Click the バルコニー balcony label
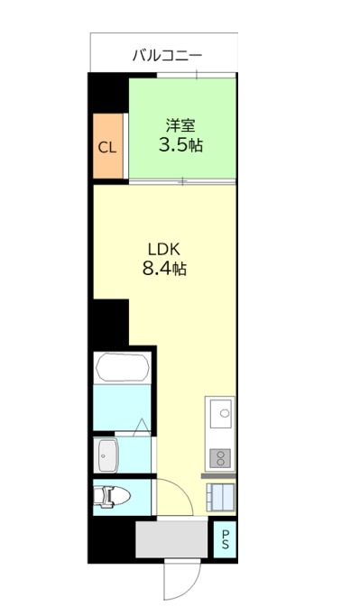coord(167,55)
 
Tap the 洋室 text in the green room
coord(180,125)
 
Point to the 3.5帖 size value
coord(180,145)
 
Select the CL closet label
coord(107,148)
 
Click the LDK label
coord(164,249)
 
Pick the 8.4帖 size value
coord(164,269)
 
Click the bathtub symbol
coord(123,367)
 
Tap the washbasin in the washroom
coord(108,455)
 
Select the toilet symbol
coord(112,497)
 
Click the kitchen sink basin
coord(222,413)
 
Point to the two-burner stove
coord(220,458)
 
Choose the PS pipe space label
coord(226,539)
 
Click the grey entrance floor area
coord(171,538)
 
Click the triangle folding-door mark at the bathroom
coord(142,428)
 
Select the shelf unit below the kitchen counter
coord(220,497)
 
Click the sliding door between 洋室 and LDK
coord(183,181)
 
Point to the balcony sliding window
coord(197,75)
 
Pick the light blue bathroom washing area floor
coord(122,407)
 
